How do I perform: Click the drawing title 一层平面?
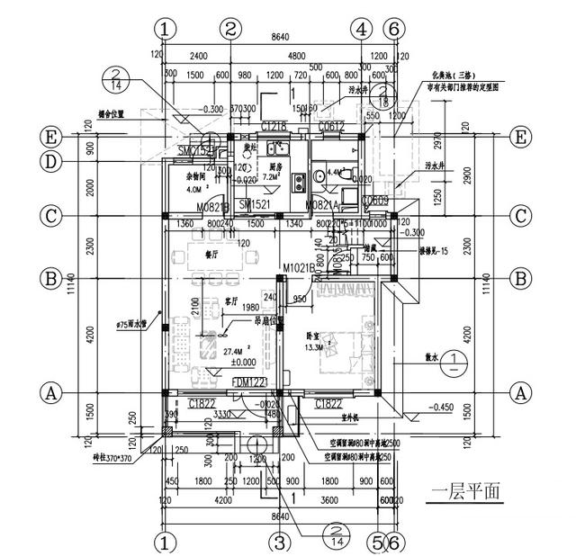[x=465, y=494]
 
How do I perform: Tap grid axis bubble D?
[x=49, y=162]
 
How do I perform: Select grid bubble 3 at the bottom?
[x=280, y=543]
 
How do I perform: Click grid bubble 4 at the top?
[x=362, y=28]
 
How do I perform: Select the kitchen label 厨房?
[x=276, y=167]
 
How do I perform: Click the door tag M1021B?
[x=298, y=268]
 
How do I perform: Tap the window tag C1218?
[x=274, y=125]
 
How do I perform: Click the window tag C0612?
[x=331, y=125]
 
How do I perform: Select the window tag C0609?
[x=375, y=201]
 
